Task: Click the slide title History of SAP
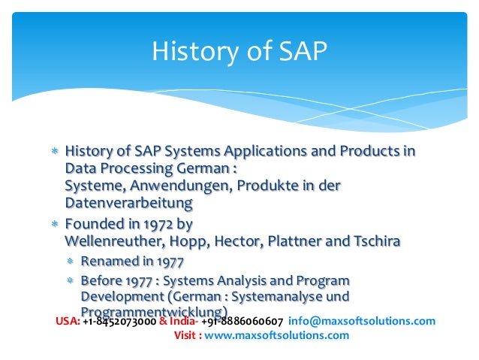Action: [x=239, y=52]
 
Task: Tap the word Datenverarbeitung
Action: [x=128, y=203]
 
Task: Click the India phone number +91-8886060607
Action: [x=242, y=321]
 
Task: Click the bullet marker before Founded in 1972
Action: [x=54, y=224]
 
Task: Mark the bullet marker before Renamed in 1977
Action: [x=70, y=262]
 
